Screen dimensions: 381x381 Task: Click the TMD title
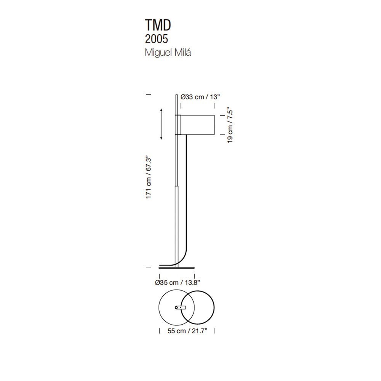(x=158, y=25)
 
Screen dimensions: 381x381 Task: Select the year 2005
(x=157, y=39)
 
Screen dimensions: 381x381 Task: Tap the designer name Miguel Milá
(x=168, y=53)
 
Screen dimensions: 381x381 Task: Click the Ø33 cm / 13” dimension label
(x=200, y=97)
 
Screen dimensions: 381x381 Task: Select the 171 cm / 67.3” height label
(x=149, y=178)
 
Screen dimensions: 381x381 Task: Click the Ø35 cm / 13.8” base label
(x=178, y=283)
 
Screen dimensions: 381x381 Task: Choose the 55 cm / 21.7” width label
(x=187, y=331)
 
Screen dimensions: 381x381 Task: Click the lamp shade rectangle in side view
(x=197, y=125)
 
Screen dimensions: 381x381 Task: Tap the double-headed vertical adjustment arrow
(x=161, y=124)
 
